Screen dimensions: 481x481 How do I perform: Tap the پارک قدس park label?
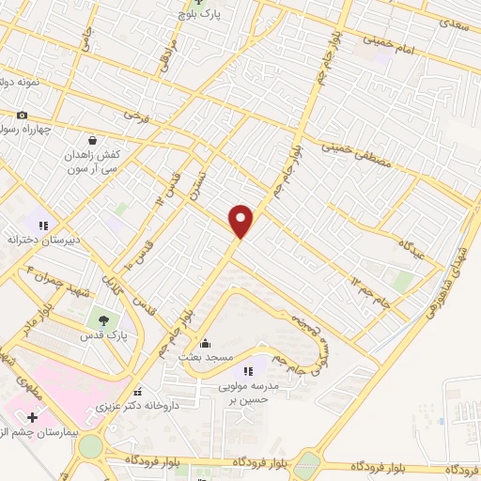[102, 334]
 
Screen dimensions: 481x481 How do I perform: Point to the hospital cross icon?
[33, 416]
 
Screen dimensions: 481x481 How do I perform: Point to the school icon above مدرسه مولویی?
[249, 370]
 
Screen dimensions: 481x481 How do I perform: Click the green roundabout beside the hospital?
[90, 446]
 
